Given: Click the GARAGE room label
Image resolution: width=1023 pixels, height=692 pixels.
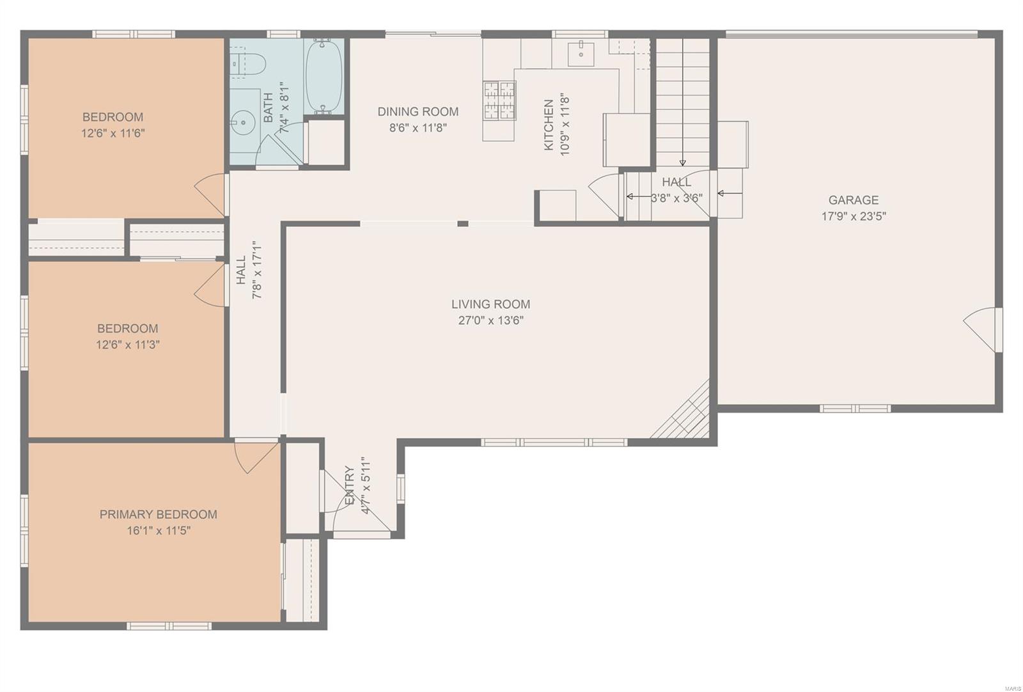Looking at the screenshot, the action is (854, 200).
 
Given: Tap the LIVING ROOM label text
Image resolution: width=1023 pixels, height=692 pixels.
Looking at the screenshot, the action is (491, 304).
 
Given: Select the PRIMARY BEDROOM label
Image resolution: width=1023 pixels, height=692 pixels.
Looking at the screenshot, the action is (159, 514).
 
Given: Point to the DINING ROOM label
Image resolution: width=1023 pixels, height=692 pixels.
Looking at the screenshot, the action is (418, 111).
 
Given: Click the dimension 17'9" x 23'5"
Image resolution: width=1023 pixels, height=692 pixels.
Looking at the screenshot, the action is (854, 217).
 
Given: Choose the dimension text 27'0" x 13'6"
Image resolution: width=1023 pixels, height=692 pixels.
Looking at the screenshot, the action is (491, 320).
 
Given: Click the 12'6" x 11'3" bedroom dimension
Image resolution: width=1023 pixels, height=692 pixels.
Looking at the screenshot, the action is (128, 345).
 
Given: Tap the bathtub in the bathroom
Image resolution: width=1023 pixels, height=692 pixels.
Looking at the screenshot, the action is (324, 76).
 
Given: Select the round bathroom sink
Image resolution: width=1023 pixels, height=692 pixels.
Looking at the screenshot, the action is (243, 122).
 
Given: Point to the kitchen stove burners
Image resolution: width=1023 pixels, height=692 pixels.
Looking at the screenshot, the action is (499, 100).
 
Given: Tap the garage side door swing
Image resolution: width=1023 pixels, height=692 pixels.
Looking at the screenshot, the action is (981, 330).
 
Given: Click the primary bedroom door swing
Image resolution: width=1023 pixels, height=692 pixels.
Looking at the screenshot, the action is (256, 457).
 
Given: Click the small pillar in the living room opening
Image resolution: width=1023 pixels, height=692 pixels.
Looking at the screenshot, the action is (463, 224).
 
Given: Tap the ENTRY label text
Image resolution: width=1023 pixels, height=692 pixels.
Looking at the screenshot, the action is (350, 485).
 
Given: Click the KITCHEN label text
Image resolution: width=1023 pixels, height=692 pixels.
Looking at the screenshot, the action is (549, 125).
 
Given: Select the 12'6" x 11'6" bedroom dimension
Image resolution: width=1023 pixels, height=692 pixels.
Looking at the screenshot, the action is (113, 134).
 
